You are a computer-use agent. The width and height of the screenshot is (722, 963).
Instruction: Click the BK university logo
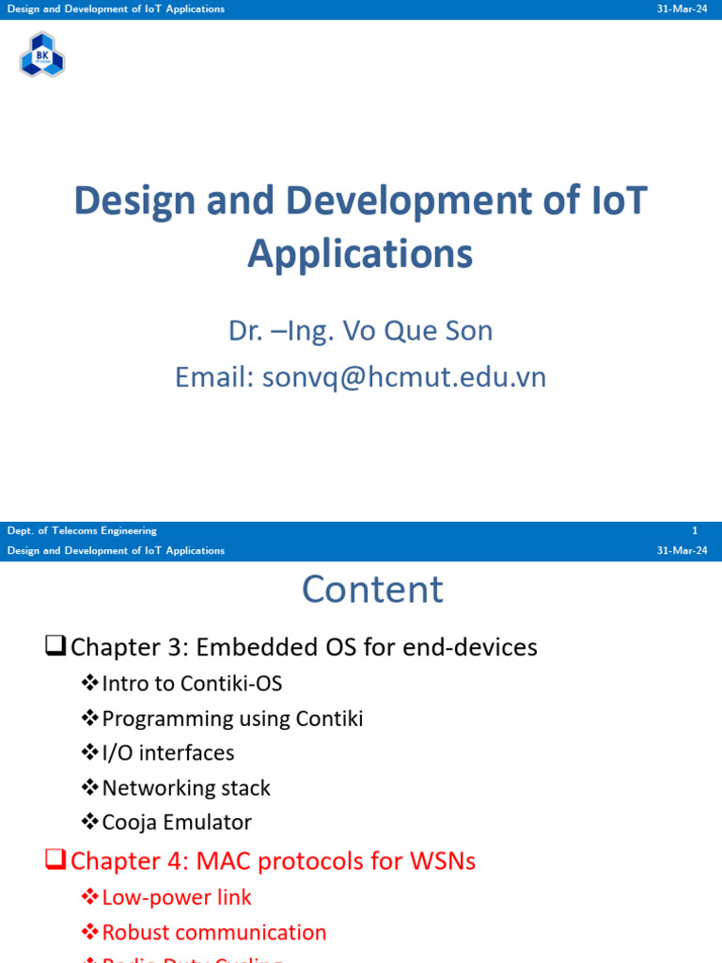tap(42, 55)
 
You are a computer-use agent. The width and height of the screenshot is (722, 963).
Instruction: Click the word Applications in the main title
tap(360, 254)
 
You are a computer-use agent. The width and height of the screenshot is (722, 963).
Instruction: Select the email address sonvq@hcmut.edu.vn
tap(404, 377)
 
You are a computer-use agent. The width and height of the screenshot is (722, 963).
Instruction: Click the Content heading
tap(372, 590)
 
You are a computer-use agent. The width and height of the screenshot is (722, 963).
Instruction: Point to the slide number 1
tap(695, 530)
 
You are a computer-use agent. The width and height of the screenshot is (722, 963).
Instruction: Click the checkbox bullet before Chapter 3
tap(55, 646)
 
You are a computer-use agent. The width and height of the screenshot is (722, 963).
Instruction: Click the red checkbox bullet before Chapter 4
tap(55, 860)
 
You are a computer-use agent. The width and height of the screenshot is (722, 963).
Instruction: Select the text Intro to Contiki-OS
tap(192, 684)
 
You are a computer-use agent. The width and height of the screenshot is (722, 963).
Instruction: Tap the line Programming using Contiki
tap(232, 718)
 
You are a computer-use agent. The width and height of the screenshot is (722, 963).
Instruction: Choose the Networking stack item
tap(186, 788)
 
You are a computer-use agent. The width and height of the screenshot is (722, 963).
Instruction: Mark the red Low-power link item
tap(177, 897)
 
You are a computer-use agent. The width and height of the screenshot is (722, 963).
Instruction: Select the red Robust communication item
tap(214, 932)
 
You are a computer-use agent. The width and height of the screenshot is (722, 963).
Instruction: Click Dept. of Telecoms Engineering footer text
tap(82, 530)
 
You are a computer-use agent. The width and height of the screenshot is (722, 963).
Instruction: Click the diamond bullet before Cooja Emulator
tap(90, 822)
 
